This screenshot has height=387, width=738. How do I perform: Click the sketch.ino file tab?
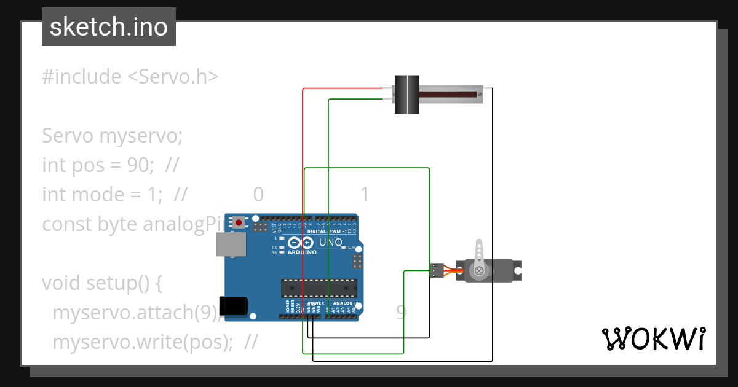pyautogui.click(x=109, y=27)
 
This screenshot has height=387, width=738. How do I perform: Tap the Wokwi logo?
pyautogui.click(x=653, y=338)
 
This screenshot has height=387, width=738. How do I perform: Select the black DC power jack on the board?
pyautogui.click(x=236, y=305)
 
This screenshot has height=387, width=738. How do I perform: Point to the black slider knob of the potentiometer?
pyautogui.click(x=406, y=94)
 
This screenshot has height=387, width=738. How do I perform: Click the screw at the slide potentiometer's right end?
pyautogui.click(x=479, y=94)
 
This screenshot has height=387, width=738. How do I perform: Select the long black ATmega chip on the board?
pyautogui.click(x=319, y=287)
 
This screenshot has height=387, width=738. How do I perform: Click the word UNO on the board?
pyautogui.click(x=331, y=243)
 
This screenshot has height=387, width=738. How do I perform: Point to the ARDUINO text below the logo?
pyautogui.click(x=301, y=252)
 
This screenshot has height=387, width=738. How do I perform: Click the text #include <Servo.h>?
pyautogui.click(x=130, y=77)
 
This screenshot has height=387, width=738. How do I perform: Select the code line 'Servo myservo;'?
pyautogui.click(x=112, y=136)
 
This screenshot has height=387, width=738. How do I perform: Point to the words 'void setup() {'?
pyautogui.click(x=101, y=283)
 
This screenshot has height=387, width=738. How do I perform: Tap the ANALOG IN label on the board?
pyautogui.click(x=344, y=303)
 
